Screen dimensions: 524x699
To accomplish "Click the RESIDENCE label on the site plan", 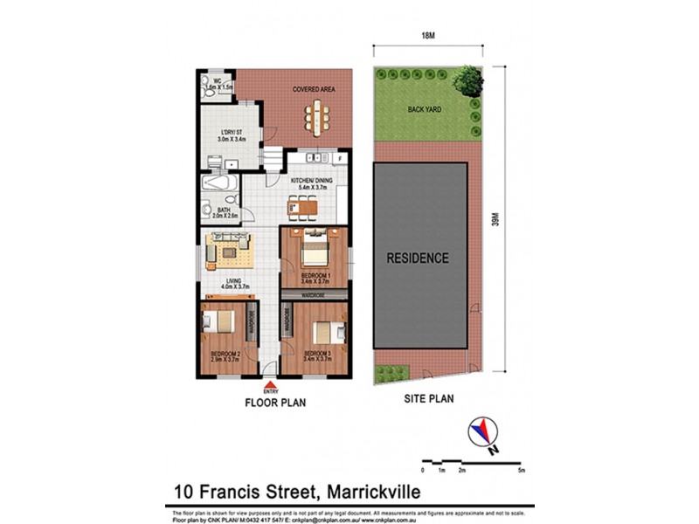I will click(419, 259).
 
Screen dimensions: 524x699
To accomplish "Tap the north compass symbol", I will click(482, 432).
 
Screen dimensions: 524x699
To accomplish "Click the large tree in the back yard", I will click(467, 81).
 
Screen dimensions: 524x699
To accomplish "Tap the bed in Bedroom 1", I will click(313, 254).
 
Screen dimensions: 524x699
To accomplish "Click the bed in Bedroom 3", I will click(326, 331).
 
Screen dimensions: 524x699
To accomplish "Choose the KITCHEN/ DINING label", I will click(311, 183).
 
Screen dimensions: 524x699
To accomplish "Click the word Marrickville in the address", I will click(351, 492).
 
